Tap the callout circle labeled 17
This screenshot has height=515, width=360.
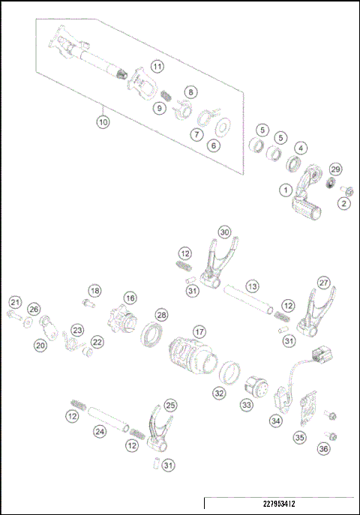click(x=199, y=331)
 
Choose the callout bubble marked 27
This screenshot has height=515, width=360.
click(x=323, y=283)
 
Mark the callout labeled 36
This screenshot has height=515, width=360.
click(x=323, y=449)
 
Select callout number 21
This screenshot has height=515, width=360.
click(x=14, y=302)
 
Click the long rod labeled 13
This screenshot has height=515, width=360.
click(x=248, y=304)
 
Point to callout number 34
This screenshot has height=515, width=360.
click(x=276, y=422)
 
